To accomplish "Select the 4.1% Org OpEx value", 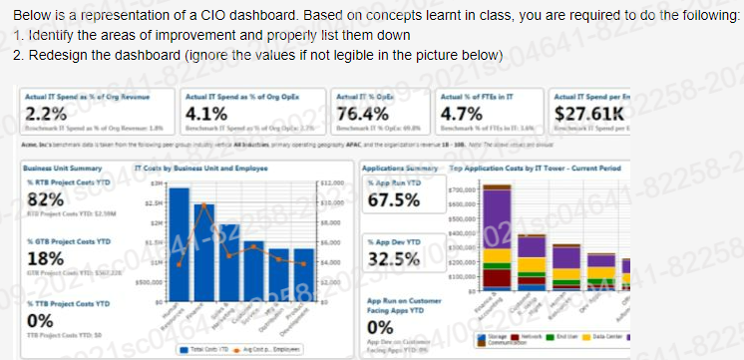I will click(x=202, y=111).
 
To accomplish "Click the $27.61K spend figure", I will click(x=585, y=110).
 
